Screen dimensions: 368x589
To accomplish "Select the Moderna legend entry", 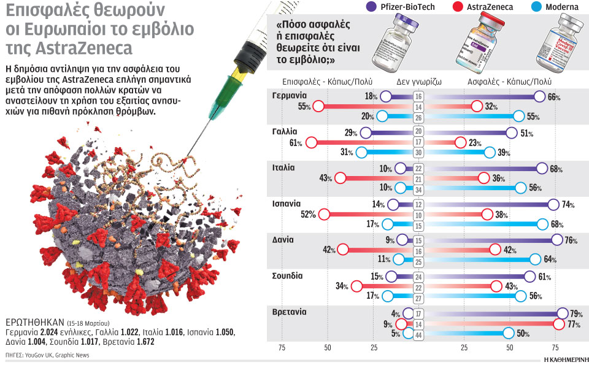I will point(549,7).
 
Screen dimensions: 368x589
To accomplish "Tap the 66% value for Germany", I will point(554,96).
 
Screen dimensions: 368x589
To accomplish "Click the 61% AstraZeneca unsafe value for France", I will point(296,143).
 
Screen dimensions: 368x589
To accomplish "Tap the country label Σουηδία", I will point(288,275).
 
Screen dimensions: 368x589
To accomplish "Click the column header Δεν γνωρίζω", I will point(418,80).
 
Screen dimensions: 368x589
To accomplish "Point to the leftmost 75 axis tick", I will point(282,348).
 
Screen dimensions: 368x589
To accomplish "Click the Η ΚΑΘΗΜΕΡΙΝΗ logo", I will point(564,360).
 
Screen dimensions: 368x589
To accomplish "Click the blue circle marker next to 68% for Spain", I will point(542,224).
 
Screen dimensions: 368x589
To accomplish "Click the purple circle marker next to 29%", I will point(366,132).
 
